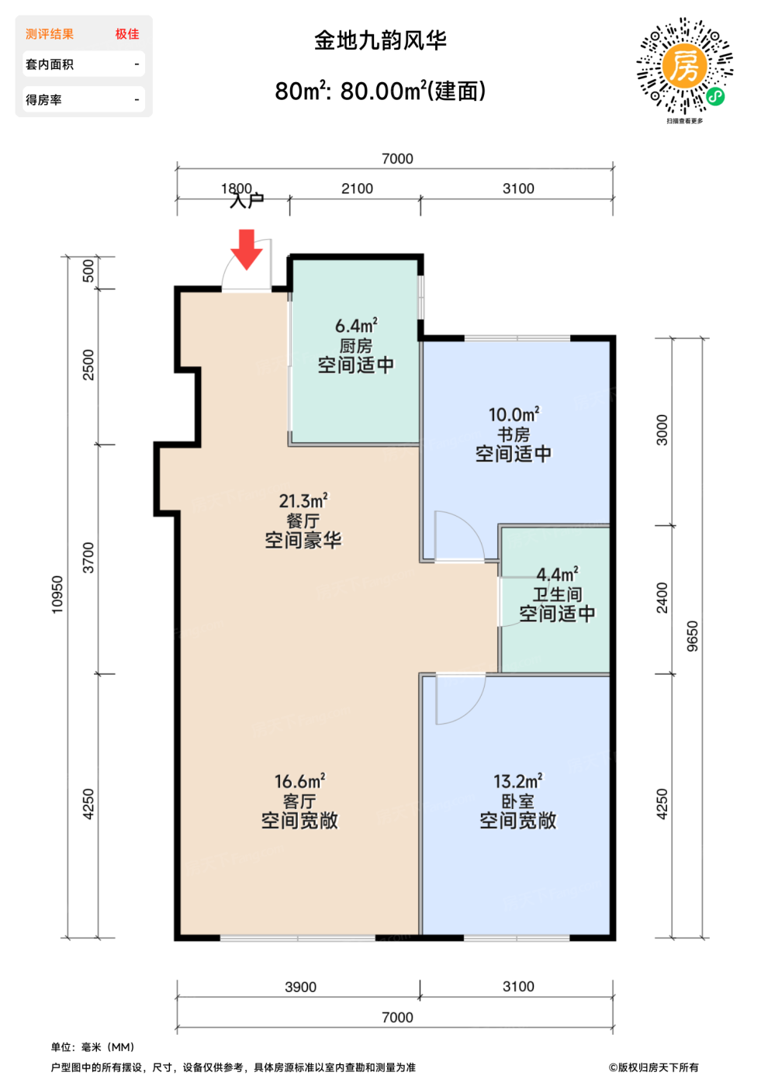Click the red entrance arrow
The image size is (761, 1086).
pos(246,249)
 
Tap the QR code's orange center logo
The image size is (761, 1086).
pos(684,65)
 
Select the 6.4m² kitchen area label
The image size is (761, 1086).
pos(356,326)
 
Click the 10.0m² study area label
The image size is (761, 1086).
pos(514,414)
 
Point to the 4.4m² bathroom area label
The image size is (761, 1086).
pos(557,575)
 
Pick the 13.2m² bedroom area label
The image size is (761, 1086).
pos(518,781)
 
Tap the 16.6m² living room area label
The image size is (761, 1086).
pos(299,781)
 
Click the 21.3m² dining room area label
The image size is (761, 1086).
pos(303,500)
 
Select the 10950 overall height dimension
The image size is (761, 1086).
pos(57,594)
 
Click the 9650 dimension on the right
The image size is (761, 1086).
pos(693,636)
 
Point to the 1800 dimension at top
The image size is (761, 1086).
pos(237,188)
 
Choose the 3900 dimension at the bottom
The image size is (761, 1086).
pos(300,987)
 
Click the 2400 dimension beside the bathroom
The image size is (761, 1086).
pos(662,598)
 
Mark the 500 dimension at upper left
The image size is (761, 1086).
pos(88,271)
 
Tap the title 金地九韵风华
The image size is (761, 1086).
pos(380,40)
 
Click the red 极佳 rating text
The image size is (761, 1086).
pos(127,34)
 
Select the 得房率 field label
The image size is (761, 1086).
pos(43,100)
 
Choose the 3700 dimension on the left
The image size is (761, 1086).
pos(88,558)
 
